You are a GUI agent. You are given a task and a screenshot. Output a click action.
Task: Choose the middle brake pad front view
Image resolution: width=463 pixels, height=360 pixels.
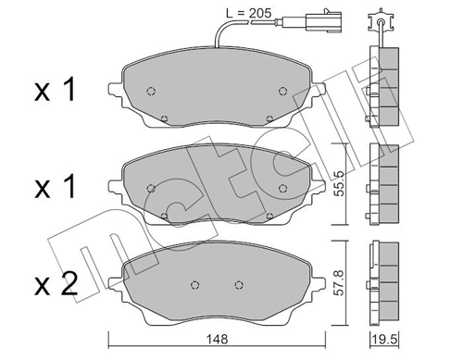215,188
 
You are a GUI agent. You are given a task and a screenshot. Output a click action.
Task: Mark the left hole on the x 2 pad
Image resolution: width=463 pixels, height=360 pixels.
194,284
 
